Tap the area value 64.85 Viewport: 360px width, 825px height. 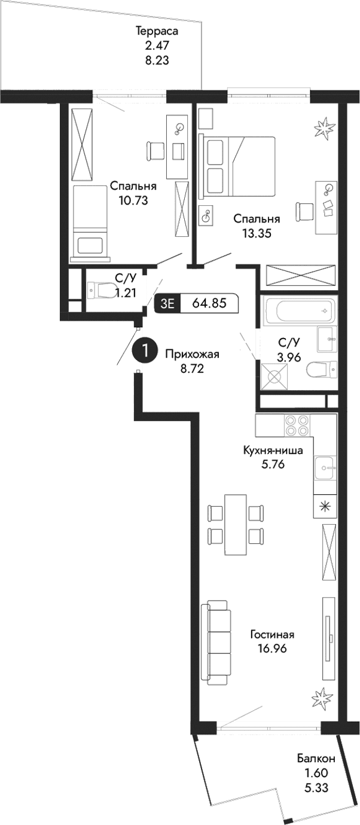209,303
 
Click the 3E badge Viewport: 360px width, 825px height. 167,304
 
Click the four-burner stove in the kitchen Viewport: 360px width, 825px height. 296,425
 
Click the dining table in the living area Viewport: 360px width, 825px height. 236,524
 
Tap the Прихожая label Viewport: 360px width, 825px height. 192,354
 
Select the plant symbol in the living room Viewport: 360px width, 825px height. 322,697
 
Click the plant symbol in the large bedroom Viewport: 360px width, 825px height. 326,127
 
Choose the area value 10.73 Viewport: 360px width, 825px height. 133,200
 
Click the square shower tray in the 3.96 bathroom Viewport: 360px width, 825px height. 275,378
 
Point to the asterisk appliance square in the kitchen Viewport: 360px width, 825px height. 325,506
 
